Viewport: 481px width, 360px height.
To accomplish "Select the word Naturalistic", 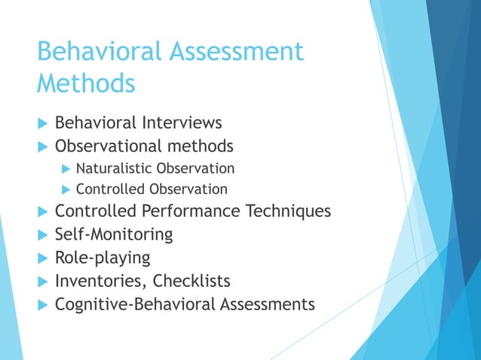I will [x=118, y=168].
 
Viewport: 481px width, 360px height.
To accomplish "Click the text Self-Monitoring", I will [x=114, y=234].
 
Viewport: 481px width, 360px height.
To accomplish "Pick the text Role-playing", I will [x=103, y=258].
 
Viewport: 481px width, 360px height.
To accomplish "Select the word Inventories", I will [x=100, y=281].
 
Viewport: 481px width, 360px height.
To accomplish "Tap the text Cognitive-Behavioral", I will [x=136, y=304].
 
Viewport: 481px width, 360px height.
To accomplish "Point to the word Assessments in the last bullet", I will [x=268, y=304].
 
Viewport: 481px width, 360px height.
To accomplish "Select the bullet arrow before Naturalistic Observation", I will [x=65, y=169].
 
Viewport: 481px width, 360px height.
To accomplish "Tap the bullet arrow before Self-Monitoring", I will [x=41, y=235].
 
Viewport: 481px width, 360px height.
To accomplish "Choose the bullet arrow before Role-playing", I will [x=41, y=258].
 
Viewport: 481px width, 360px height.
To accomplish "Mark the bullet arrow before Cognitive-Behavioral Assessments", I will [x=41, y=305].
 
